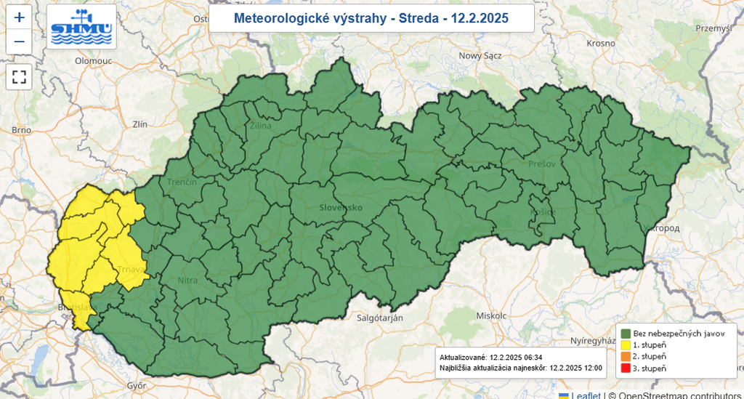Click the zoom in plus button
pyautogui.click(x=19, y=17)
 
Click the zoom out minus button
pyautogui.click(x=19, y=41)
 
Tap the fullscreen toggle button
pyautogui.click(x=19, y=76)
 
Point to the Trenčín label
pyautogui.click(x=182, y=182)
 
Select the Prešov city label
pyautogui.click(x=542, y=164)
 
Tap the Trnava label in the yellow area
pyautogui.click(x=132, y=272)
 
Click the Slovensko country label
pyautogui.click(x=341, y=208)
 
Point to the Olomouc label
pyautogui.click(x=93, y=62)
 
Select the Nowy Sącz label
pyautogui.click(x=480, y=56)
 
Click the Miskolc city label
pyautogui.click(x=490, y=316)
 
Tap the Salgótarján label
pyautogui.click(x=379, y=318)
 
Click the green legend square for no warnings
pyautogui.click(x=625, y=333)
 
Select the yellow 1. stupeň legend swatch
pyautogui.click(x=625, y=344)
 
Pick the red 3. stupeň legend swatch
pyautogui.click(x=625, y=368)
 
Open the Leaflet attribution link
pyautogui.click(x=586, y=395)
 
